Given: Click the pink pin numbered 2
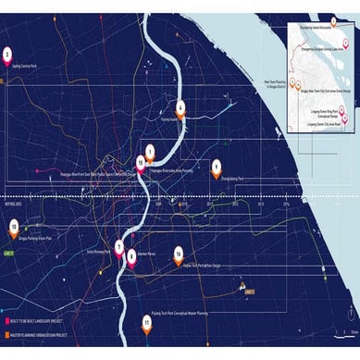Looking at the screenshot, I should click(x=8, y=55).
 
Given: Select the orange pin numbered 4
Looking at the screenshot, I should click(x=181, y=106).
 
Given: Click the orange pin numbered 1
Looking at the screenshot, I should click(x=151, y=150).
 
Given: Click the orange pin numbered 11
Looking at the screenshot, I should click(x=146, y=322).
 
